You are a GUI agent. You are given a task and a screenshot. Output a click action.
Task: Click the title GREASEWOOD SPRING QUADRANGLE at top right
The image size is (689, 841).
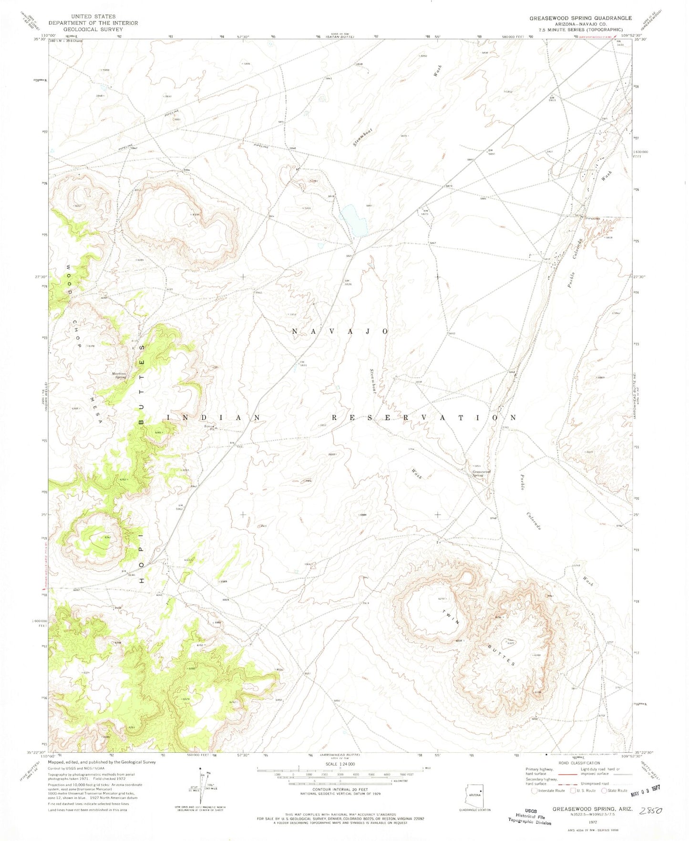click(x=580, y=18)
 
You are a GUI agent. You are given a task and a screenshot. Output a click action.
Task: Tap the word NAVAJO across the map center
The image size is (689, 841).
click(x=340, y=331)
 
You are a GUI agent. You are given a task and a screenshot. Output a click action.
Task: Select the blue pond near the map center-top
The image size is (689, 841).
click(x=354, y=220)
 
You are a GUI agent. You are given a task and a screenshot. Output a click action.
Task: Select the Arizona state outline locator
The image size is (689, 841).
click(x=474, y=795)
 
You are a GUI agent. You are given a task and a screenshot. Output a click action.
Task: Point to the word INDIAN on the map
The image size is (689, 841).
click(x=214, y=418)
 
